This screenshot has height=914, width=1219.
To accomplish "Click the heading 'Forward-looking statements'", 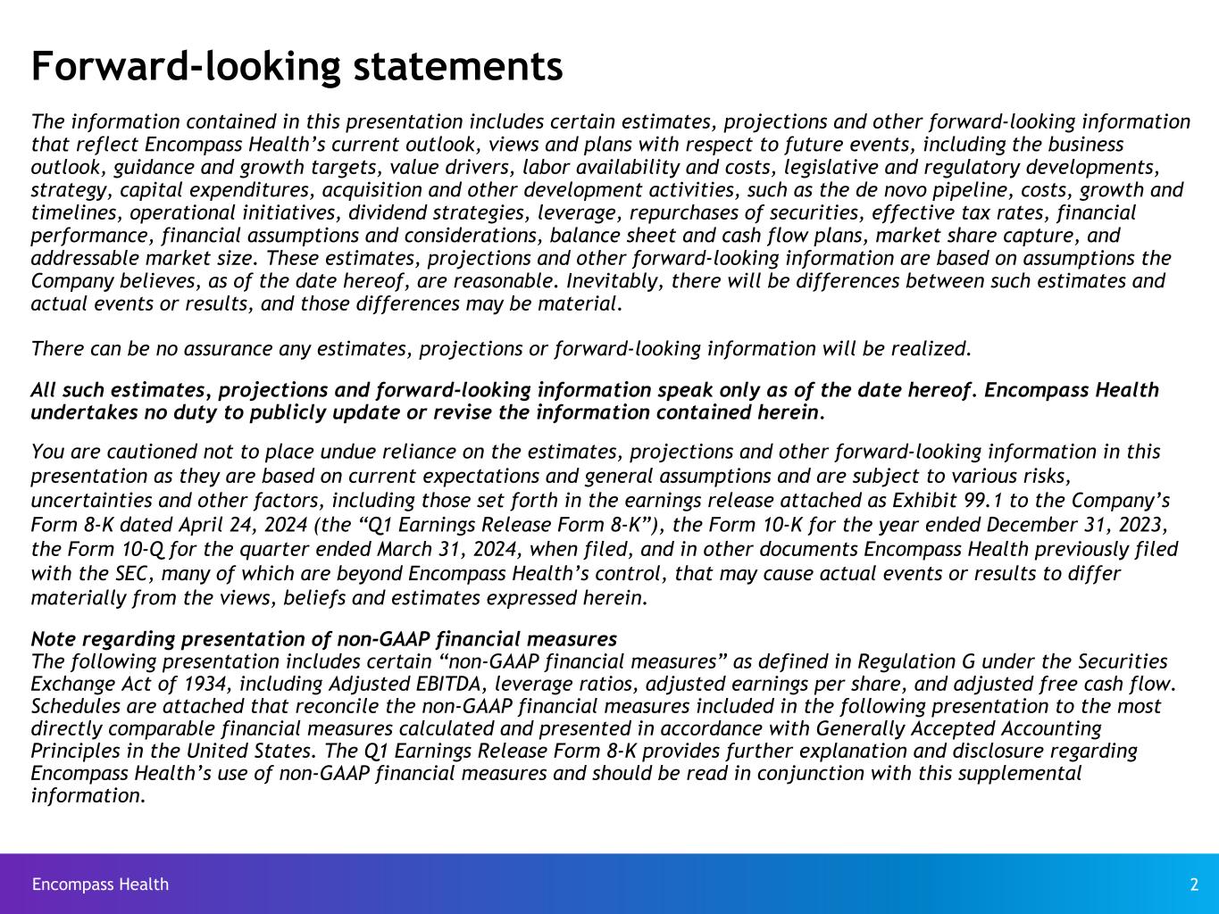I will click(296, 66).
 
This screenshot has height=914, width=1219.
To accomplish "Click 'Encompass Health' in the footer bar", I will click(100, 885).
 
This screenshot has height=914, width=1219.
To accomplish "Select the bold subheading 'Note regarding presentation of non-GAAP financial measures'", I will click(323, 639).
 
